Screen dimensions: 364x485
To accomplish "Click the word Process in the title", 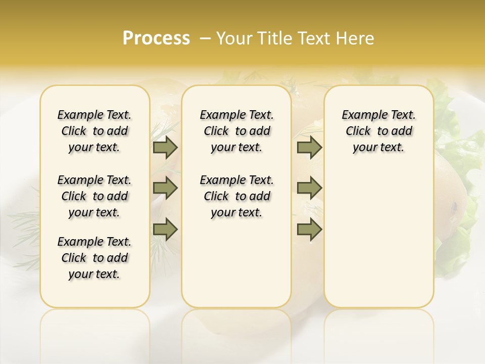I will (x=156, y=38).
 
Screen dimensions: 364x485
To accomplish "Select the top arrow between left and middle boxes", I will (x=165, y=147).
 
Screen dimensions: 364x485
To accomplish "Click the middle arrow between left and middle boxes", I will (x=165, y=188).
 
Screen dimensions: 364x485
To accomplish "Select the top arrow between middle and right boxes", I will (x=309, y=147).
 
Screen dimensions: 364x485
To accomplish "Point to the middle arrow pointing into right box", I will (x=309, y=188).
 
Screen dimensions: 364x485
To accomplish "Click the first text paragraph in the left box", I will (x=94, y=131).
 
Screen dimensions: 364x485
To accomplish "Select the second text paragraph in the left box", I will (x=94, y=196).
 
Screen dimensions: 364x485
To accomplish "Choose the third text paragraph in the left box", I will (x=94, y=258).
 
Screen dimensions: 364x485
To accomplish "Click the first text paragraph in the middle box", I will (x=236, y=131).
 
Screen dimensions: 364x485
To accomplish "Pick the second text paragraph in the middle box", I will (x=236, y=196).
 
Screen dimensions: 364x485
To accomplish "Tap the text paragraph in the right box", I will (x=378, y=131).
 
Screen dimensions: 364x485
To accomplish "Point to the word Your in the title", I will (x=235, y=38).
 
